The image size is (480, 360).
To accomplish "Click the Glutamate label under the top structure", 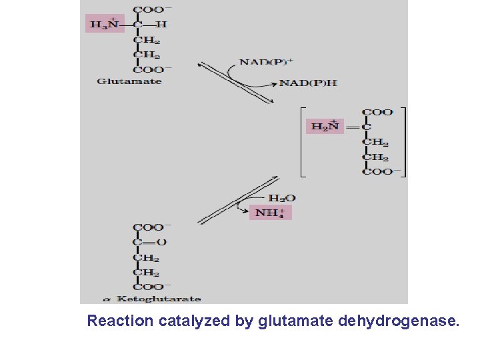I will click(x=129, y=81).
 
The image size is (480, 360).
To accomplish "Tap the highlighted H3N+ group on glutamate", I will click(x=105, y=25).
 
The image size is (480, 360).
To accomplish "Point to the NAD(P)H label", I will click(x=307, y=83).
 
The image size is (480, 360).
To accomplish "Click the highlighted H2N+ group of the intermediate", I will click(x=325, y=125).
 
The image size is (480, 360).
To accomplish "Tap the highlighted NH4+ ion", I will click(x=271, y=213).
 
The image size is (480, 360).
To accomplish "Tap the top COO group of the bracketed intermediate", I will click(x=377, y=112).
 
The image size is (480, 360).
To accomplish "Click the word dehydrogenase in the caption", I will click(x=399, y=321).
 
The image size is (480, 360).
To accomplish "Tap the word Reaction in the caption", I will click(x=120, y=321).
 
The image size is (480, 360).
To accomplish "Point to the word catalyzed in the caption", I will click(x=194, y=321).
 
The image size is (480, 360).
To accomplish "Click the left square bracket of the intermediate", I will click(x=301, y=141).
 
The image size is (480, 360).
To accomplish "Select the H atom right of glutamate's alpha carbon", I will click(x=161, y=25).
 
